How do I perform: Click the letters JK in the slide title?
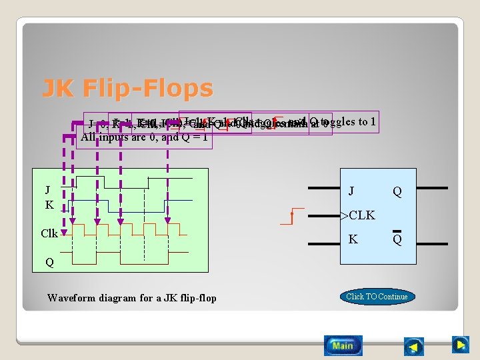(x=57, y=88)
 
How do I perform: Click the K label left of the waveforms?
(x=49, y=205)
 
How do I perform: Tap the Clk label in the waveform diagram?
(x=49, y=234)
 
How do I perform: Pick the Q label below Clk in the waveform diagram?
(x=49, y=262)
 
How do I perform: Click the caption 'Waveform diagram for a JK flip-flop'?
(x=132, y=298)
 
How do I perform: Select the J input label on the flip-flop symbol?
(x=351, y=191)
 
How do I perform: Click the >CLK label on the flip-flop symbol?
(x=357, y=215)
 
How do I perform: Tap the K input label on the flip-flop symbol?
(x=353, y=239)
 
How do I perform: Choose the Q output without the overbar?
(x=397, y=192)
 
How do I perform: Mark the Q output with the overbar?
(x=397, y=239)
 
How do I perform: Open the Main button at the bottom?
(x=343, y=345)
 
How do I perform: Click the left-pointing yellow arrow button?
(x=414, y=347)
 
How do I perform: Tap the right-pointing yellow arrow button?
(x=460, y=345)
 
